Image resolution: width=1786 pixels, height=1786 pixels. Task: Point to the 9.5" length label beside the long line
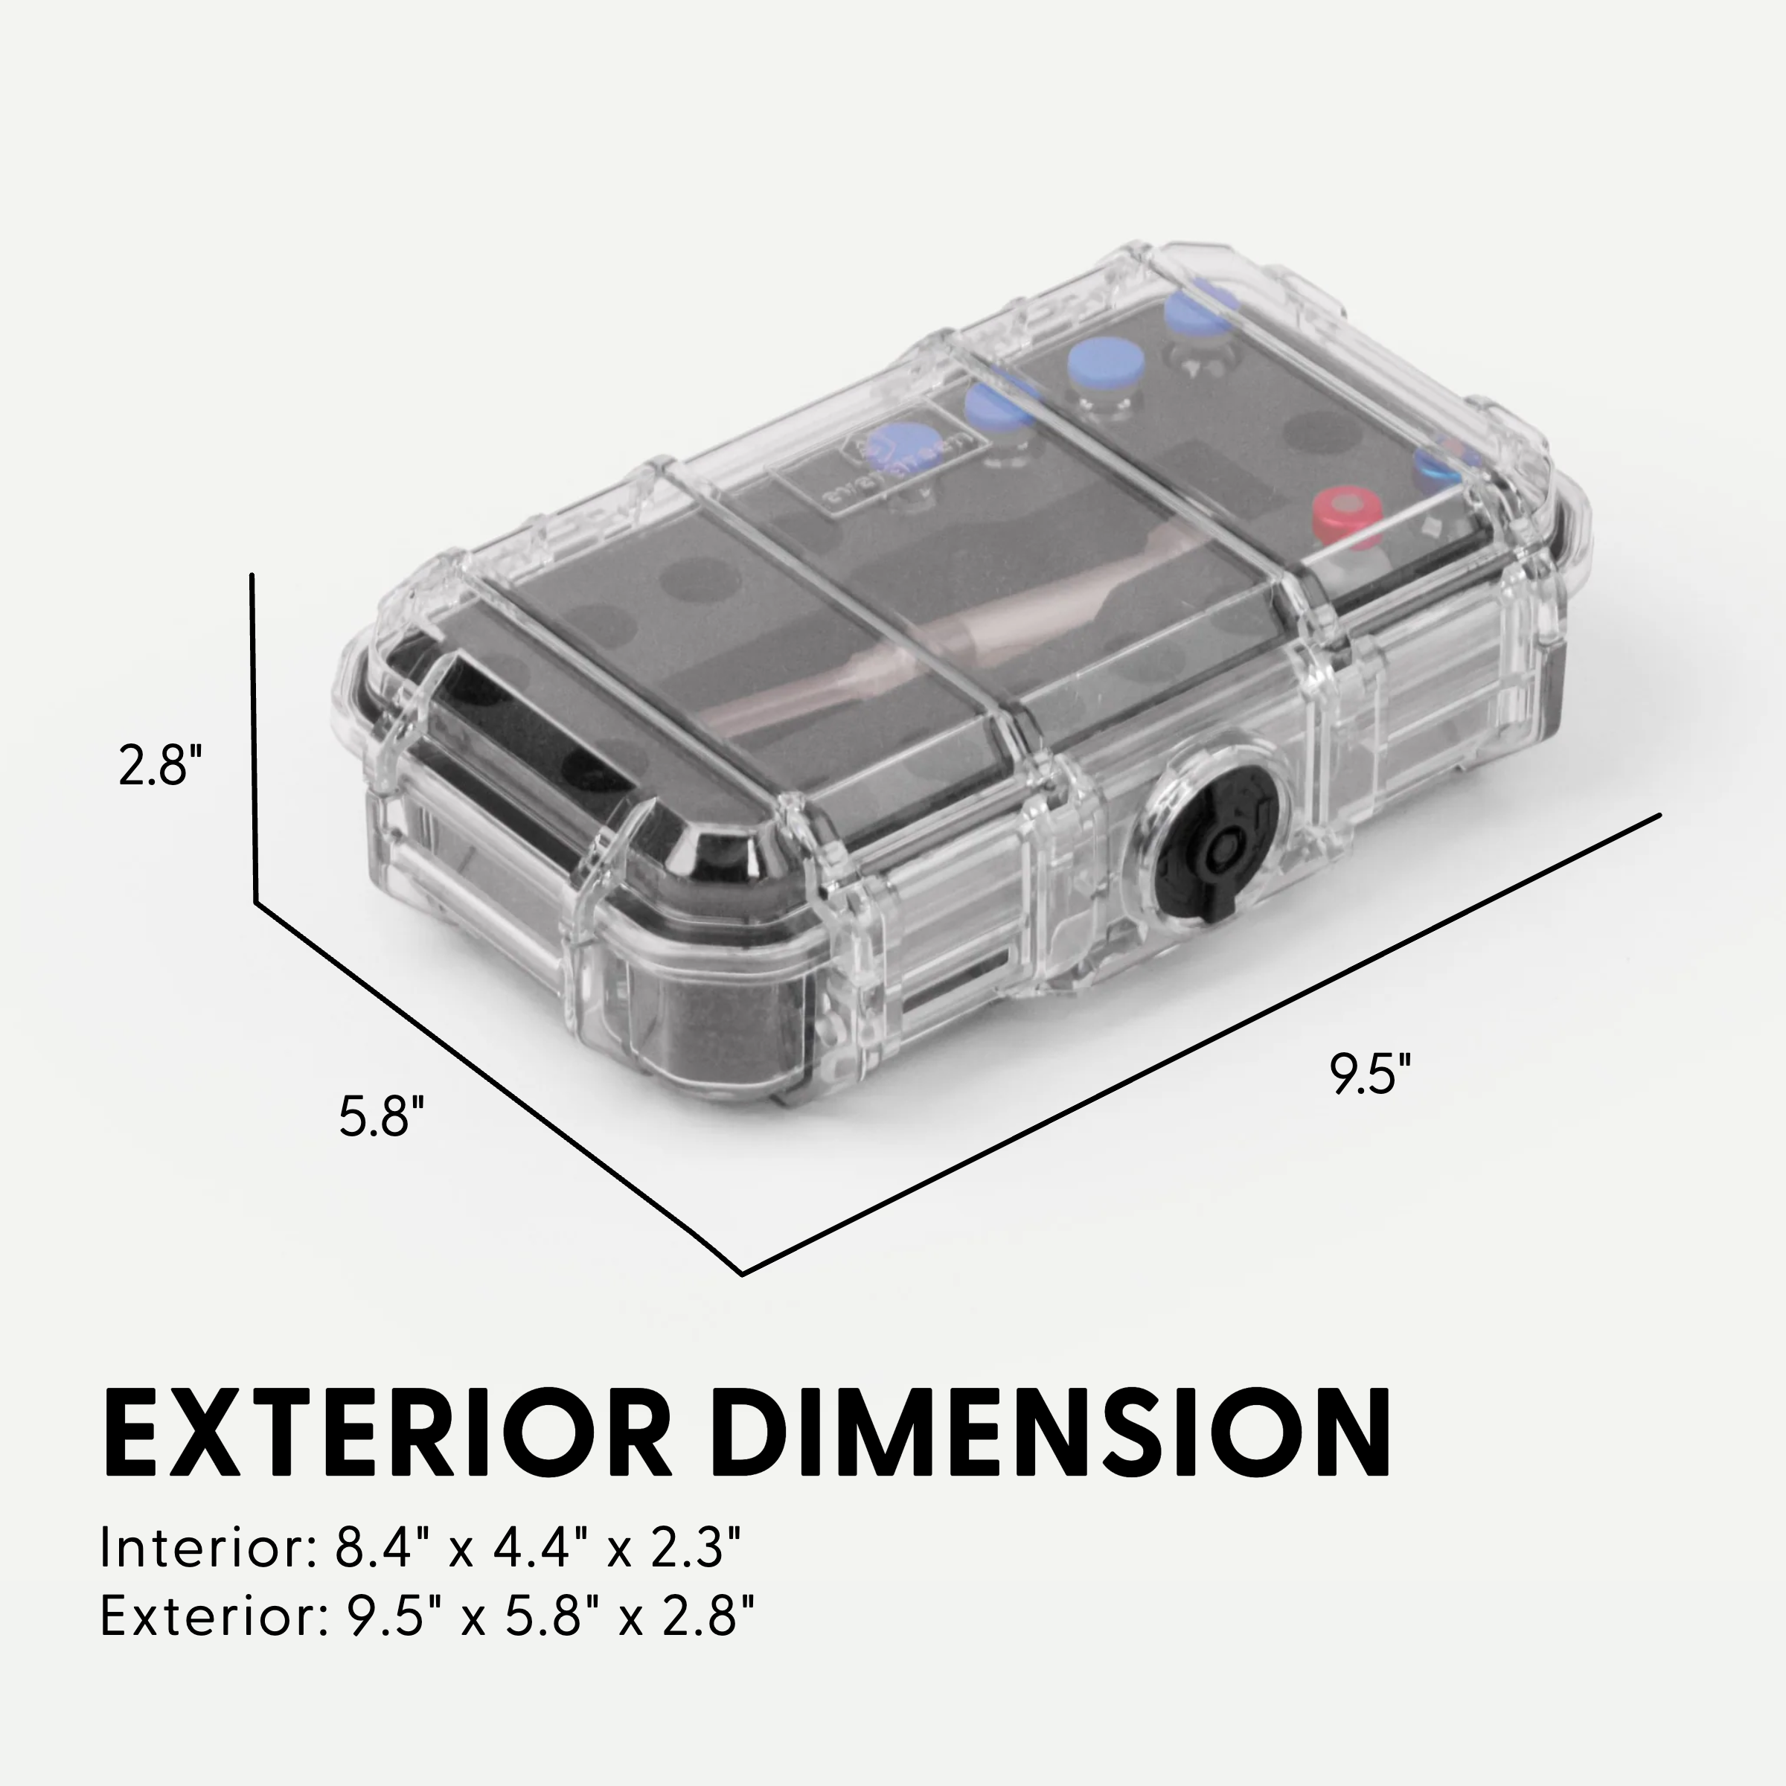coord(1371,1073)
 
